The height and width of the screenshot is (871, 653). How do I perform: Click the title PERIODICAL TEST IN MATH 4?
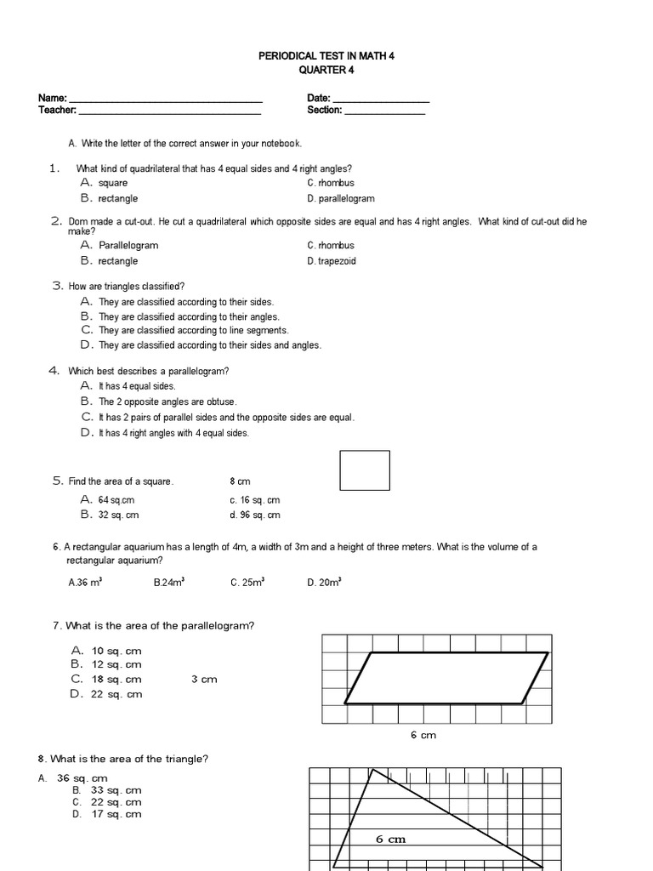(x=326, y=55)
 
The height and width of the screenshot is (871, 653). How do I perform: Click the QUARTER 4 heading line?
(x=326, y=71)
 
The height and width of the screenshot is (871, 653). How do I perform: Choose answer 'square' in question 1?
(x=112, y=183)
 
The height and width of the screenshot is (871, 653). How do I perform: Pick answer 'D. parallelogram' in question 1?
(x=340, y=199)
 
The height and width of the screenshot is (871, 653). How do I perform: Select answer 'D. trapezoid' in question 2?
(x=332, y=261)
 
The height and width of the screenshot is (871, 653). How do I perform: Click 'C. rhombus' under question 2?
(x=331, y=246)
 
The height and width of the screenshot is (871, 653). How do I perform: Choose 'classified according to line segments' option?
(x=193, y=330)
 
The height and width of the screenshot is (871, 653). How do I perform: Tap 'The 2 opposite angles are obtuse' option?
(x=168, y=401)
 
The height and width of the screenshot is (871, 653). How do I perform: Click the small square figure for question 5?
(x=365, y=470)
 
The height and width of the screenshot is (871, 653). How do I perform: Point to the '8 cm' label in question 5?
(x=240, y=481)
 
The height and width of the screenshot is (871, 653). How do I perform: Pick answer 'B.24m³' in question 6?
(x=169, y=583)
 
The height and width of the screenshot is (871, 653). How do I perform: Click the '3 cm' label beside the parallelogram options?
(x=204, y=680)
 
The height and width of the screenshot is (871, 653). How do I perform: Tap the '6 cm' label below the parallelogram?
(x=423, y=735)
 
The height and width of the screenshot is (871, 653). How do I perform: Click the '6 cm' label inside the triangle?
(x=391, y=840)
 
